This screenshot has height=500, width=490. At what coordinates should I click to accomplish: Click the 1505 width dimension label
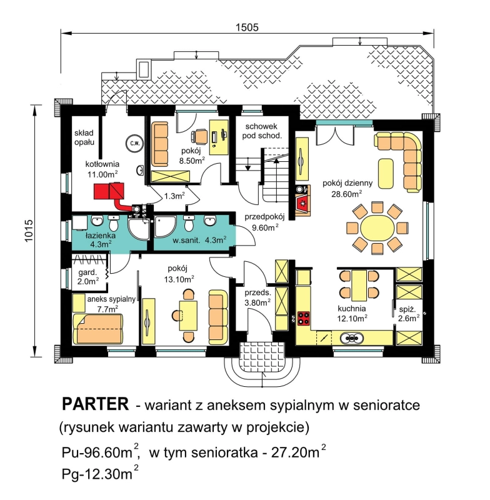point(247,27)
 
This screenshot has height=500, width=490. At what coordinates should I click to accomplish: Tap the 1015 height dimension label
point(29,231)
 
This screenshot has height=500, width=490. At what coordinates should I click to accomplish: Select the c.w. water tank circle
point(134,143)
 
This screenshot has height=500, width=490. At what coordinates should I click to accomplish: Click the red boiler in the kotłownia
point(108,191)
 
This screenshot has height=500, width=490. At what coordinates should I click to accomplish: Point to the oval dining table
point(377,228)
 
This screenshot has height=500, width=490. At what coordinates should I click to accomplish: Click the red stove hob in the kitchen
point(304,318)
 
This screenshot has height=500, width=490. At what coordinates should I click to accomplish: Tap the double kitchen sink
point(352,337)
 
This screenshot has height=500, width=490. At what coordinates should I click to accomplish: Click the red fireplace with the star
point(302,202)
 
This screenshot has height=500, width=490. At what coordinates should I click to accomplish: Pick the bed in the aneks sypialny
point(97,329)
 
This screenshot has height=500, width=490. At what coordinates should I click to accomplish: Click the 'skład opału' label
point(84,137)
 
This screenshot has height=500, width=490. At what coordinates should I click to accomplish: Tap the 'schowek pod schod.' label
point(262,131)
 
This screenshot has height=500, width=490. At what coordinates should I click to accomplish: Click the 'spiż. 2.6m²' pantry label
point(408,314)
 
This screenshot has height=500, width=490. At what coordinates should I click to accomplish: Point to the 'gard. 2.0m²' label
point(87,277)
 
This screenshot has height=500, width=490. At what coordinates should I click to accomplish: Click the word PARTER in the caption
point(96,404)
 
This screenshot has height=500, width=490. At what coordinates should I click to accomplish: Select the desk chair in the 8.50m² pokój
point(199,136)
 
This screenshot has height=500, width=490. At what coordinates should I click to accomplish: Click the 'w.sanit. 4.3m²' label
point(199,240)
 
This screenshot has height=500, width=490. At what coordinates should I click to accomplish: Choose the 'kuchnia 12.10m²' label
point(352,313)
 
